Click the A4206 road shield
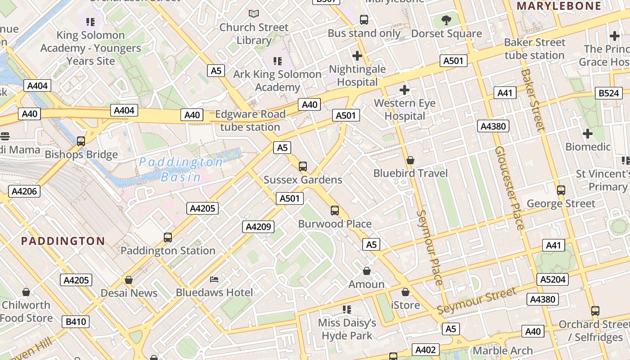24,191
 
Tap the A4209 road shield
258,227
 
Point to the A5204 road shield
553,279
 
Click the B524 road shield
608,93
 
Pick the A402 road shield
425,350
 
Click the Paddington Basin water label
180,170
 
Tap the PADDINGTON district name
63,241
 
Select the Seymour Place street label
430,247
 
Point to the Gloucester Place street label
510,188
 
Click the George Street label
561,204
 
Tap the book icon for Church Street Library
254,14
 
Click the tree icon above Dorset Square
446,20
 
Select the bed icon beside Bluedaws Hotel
214,279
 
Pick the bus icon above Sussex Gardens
303,166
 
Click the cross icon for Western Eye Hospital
405,90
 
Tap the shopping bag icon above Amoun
367,271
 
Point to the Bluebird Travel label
410,173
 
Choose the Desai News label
129,293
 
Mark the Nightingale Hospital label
357,76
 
